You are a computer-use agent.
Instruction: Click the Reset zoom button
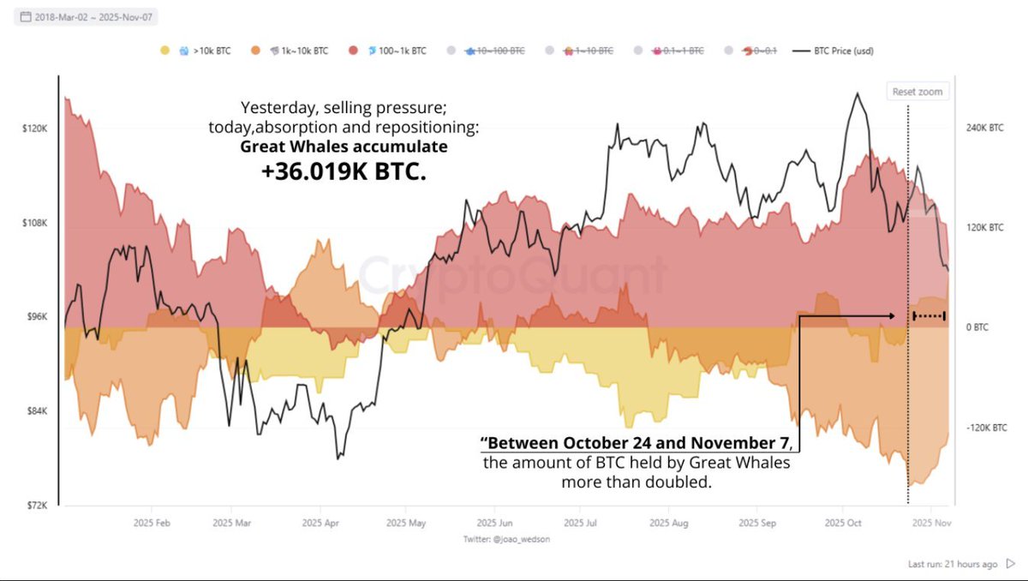pos(917,92)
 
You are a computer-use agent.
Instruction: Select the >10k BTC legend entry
pos(206,51)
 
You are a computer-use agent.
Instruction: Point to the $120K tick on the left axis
pos(33,129)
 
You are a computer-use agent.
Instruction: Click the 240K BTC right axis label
pos(983,128)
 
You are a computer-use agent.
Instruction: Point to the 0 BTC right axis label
pos(977,327)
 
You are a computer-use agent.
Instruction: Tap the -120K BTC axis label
pos(985,427)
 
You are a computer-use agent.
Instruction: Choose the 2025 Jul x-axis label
pos(583,522)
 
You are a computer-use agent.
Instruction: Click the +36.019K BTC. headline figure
pos(343,171)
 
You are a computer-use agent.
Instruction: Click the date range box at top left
pos(85,17)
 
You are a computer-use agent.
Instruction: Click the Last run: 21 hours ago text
pos(953,564)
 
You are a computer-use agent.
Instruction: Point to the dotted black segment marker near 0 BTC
pos(929,316)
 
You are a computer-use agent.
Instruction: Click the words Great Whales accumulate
pos(343,147)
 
